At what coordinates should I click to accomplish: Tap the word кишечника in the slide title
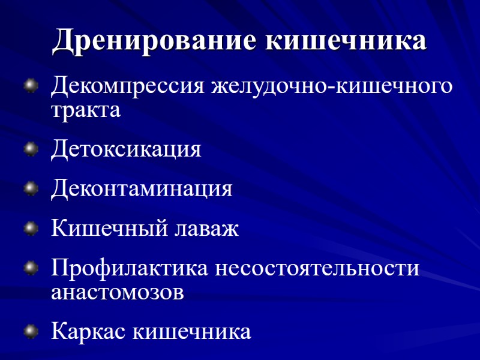(346, 41)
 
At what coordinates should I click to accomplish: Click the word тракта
(86, 110)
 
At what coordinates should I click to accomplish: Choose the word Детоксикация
(126, 148)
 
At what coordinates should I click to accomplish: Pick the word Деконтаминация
(142, 188)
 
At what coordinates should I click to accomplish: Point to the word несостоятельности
(317, 268)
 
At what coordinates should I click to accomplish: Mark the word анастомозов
(118, 292)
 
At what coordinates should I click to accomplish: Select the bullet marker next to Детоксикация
(31, 149)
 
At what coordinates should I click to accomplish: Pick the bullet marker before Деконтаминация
(31, 189)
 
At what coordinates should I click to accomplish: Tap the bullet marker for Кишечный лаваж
(31, 229)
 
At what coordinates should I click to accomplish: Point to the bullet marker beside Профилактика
(31, 268)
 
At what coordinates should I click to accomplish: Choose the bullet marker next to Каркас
(31, 332)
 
